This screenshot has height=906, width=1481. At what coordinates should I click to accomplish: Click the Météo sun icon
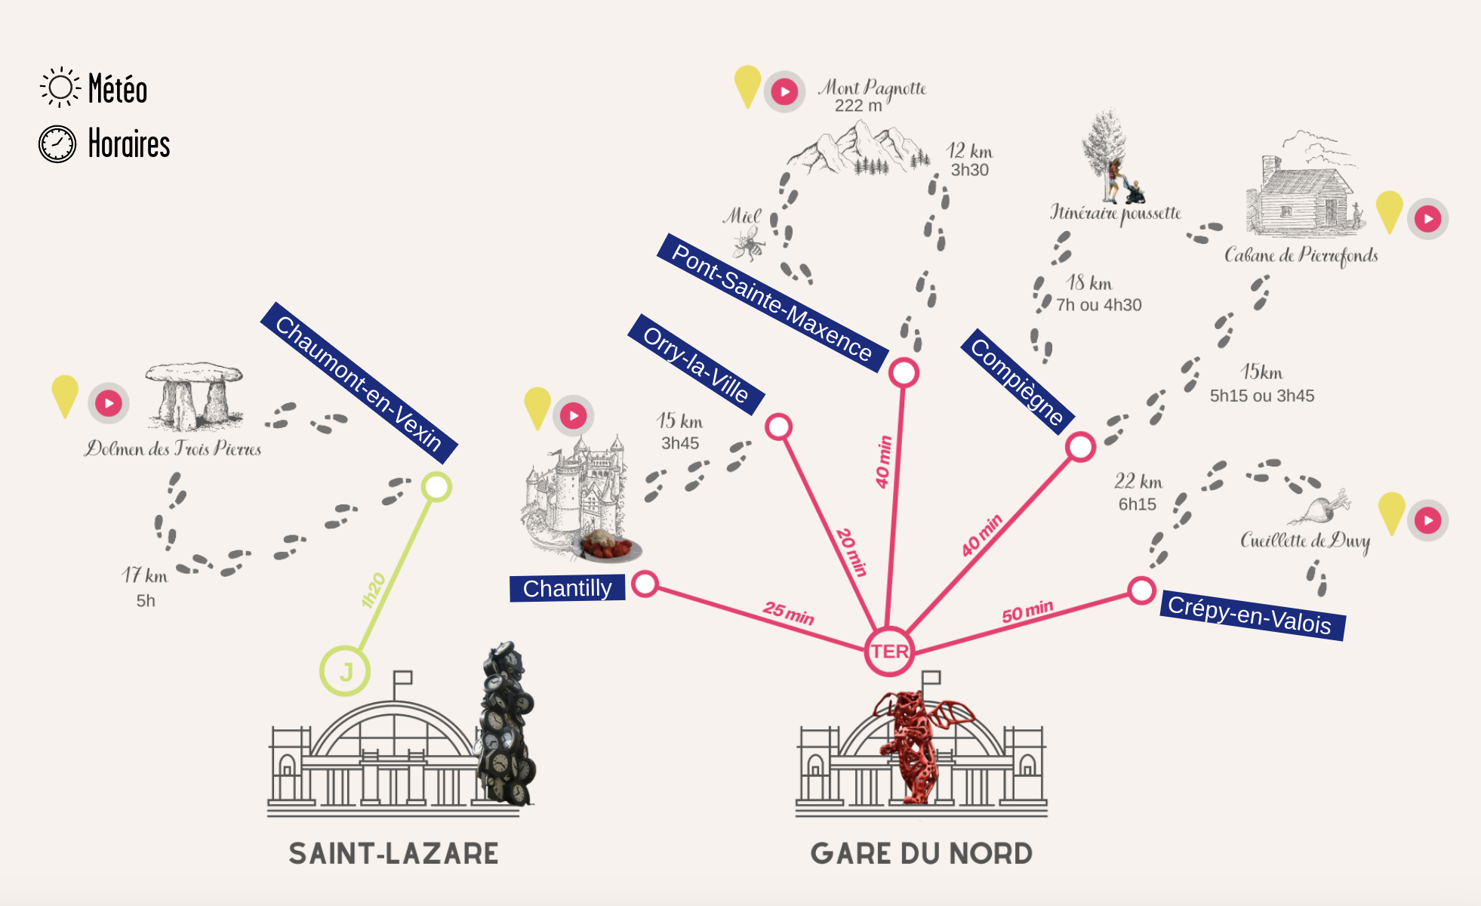[60, 87]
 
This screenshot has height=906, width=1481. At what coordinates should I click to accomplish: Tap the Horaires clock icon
[57, 143]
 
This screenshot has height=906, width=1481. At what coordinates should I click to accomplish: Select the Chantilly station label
[567, 588]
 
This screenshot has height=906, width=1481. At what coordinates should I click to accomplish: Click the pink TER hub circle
[889, 651]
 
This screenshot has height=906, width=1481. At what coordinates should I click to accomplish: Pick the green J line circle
[345, 670]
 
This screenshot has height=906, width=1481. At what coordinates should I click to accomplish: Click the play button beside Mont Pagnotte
[785, 92]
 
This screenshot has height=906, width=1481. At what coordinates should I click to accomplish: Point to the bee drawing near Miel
[749, 243]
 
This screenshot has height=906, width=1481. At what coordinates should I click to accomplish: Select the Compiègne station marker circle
[1080, 447]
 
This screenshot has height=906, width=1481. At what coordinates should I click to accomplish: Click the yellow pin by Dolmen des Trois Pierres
[65, 393]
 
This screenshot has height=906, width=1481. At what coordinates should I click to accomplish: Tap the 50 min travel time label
[1027, 612]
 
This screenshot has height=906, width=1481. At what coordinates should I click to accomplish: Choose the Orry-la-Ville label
[696, 365]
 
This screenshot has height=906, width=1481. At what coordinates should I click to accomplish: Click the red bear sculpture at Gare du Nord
[917, 744]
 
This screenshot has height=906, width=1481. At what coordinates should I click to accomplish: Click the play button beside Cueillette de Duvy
[1427, 520]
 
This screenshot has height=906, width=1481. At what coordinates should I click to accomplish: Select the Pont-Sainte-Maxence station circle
[904, 372]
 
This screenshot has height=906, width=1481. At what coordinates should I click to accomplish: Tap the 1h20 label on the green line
[374, 590]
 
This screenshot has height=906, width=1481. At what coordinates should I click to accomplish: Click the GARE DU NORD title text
[921, 853]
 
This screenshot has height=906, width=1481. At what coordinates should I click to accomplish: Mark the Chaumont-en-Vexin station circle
[436, 487]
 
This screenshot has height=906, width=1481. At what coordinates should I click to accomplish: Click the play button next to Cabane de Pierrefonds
[1427, 219]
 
